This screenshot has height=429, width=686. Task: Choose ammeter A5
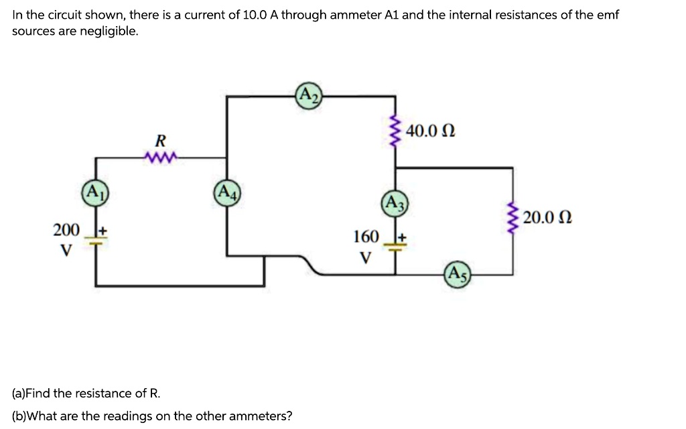[x=458, y=274]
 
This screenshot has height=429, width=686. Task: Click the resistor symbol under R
[x=159, y=158]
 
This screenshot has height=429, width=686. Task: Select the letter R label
[x=159, y=141]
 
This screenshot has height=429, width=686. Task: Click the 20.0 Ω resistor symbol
[x=513, y=218]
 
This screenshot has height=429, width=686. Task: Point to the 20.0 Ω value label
[x=548, y=218]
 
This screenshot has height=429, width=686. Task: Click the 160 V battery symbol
[x=394, y=246]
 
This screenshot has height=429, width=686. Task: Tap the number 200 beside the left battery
[x=66, y=231]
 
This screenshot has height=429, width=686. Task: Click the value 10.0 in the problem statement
[x=252, y=15]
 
